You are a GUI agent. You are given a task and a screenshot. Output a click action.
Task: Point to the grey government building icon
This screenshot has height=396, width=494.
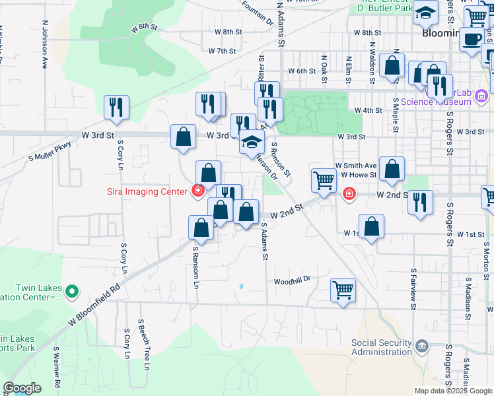point(422,345)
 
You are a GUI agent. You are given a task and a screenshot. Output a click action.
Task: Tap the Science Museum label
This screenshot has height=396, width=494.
point(435,102)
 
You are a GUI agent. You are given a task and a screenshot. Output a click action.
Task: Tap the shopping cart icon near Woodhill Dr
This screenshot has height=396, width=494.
point(343,289)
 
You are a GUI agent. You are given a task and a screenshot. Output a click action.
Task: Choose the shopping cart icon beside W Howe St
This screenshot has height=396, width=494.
point(323,180)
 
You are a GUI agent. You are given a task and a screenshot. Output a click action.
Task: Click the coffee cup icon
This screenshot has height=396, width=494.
point(472,40)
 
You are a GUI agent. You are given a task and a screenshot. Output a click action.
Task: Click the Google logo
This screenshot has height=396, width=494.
point(22,389)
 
